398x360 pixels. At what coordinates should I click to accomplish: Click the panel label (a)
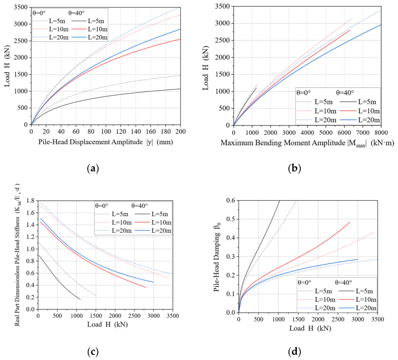(93, 168)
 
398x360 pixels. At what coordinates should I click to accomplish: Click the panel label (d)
(295, 352)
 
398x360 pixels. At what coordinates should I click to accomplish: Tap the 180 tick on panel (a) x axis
(166, 131)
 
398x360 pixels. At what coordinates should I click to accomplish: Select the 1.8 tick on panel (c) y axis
(30, 201)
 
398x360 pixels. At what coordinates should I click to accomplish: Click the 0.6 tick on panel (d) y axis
(231, 201)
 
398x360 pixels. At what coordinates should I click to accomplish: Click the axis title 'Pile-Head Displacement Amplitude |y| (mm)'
(105, 142)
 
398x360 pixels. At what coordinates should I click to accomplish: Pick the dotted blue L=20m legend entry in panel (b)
(316, 120)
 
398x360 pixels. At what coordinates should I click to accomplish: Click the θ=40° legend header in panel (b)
(345, 93)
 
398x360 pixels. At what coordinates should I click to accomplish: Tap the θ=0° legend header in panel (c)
(102, 206)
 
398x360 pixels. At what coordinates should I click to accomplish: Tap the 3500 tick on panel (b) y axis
(223, 6)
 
